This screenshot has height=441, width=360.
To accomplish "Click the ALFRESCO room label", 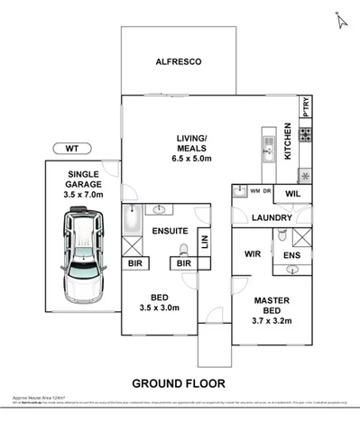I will tap(179, 61).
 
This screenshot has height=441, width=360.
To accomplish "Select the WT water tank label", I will tap(71, 147).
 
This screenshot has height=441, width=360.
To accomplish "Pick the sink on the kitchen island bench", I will tap(266, 140).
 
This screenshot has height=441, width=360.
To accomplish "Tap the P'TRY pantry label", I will tap(306, 106).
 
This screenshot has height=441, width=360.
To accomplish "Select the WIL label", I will tap(291, 194).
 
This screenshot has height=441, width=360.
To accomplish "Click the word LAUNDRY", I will tap(271, 218).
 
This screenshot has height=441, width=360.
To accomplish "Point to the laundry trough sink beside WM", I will tap(239, 191).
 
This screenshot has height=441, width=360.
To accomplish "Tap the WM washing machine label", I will tap(254, 191).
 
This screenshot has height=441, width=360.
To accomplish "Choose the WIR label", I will tap(253, 255).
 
